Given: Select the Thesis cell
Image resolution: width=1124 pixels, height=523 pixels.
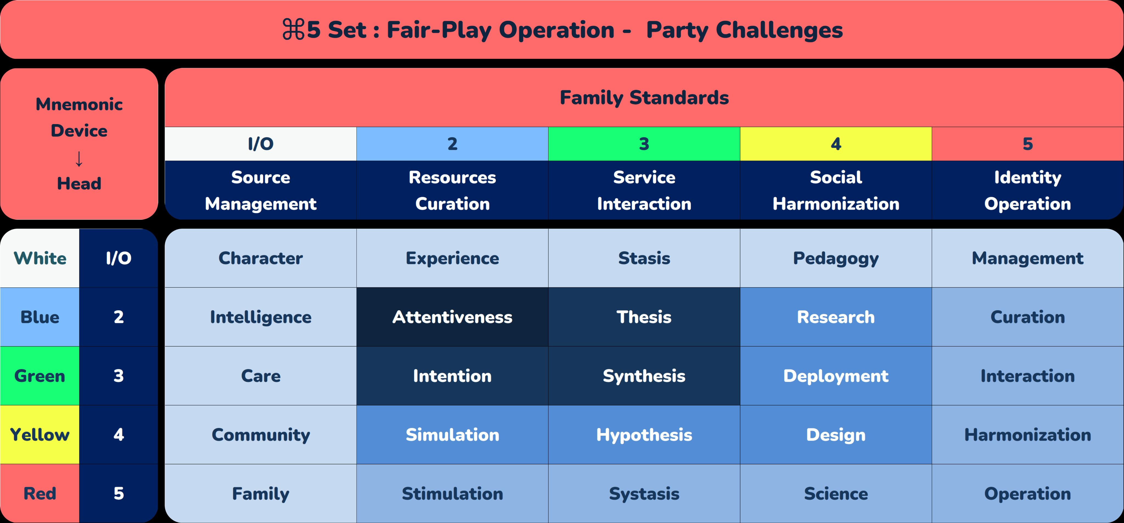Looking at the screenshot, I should point(644,317).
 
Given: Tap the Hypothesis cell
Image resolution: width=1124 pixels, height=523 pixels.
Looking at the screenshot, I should point(644,435).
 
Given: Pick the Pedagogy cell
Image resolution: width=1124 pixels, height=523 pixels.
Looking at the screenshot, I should point(836,258).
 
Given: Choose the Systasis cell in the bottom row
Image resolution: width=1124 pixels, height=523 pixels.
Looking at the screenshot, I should point(644,494).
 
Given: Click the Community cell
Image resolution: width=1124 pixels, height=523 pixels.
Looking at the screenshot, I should point(260,435).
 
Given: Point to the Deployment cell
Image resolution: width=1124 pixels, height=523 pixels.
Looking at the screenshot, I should point(836,376).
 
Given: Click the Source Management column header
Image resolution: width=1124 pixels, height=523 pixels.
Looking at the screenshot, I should point(260,190).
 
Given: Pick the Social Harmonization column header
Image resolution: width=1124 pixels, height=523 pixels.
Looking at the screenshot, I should point(836,190).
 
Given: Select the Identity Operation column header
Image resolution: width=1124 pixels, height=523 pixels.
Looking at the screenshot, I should point(1028,190).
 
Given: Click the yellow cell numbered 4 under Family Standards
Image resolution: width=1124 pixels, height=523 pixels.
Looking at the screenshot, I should point(836,144).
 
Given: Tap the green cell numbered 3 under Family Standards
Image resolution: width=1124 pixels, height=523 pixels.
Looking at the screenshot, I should point(644,144).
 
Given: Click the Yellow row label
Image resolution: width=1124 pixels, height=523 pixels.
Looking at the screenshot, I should point(40,435).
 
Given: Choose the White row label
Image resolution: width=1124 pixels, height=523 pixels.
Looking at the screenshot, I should point(40,258).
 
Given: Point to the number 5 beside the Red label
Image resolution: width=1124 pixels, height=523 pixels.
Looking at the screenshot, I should point(119,494).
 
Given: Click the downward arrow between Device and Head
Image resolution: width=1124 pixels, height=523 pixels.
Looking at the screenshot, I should point(79,158).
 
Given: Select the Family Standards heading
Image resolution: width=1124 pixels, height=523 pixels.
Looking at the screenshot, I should point(644,98).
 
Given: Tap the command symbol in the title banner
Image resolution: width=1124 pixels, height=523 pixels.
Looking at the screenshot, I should point(294,30).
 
